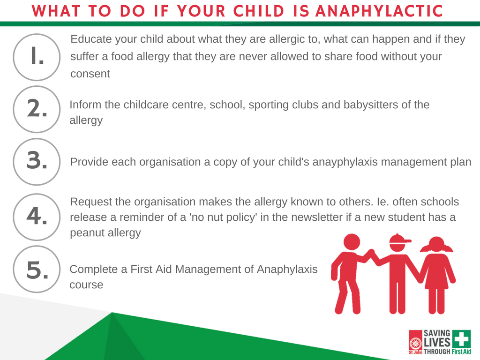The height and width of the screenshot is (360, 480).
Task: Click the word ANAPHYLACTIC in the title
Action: pyautogui.click(x=379, y=11)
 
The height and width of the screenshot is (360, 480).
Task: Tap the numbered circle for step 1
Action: pyautogui.click(x=37, y=57)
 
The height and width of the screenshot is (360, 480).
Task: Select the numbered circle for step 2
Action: pyautogui.click(x=37, y=109)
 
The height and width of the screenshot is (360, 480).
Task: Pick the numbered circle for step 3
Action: pyautogui.click(x=37, y=162)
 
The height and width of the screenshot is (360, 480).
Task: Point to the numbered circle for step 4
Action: pyautogui.click(x=37, y=217)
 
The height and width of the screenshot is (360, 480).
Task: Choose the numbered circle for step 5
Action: pyautogui.click(x=37, y=269)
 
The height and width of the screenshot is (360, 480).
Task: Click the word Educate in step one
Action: pyautogui.click(x=91, y=39)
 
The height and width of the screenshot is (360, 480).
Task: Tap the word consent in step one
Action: pyautogui.click(x=90, y=74)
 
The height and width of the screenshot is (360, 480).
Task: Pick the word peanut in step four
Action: pyautogui.click(x=87, y=233)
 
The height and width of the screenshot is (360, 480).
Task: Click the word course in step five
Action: pyautogui.click(x=86, y=285)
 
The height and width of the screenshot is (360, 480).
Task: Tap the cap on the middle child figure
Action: pyautogui.click(x=400, y=239)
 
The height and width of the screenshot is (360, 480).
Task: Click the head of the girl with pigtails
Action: pyautogui.click(x=436, y=244)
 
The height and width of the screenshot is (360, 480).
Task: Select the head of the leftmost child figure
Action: pyautogui.click(x=352, y=242)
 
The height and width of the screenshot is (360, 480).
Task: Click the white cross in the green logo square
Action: pyautogui.click(x=462, y=339)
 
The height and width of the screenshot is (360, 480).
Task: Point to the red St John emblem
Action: pyautogui.click(x=415, y=342)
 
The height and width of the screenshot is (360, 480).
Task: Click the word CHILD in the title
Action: pyautogui.click(x=259, y=11)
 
